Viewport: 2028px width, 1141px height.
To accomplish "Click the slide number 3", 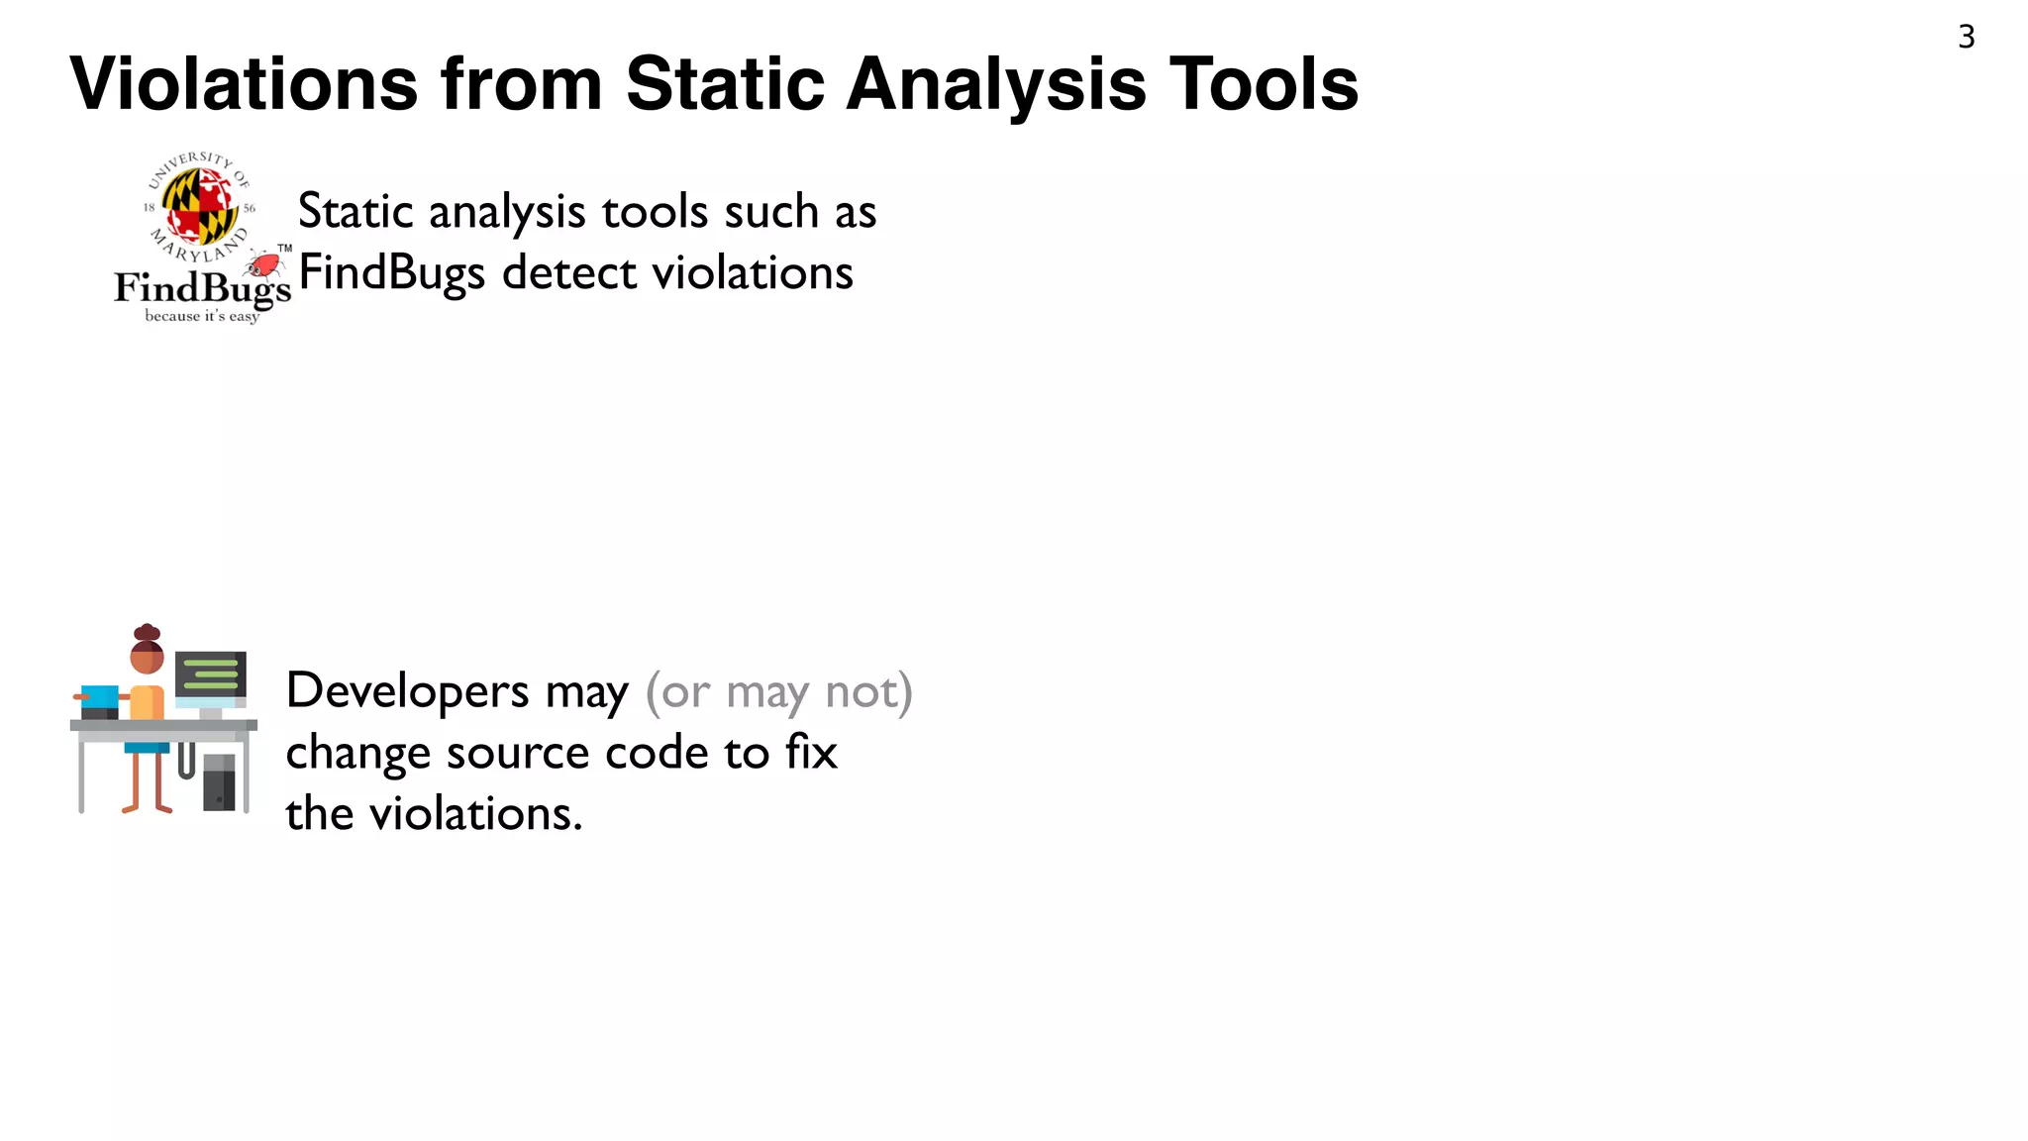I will [x=1966, y=38].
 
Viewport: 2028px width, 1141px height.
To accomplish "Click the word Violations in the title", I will [x=244, y=84].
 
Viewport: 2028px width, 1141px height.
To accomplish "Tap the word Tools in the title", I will [x=1264, y=84].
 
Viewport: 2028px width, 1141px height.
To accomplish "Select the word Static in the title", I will [x=725, y=84].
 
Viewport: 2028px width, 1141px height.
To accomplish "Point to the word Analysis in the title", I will [x=996, y=84].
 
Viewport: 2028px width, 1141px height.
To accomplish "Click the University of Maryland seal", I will [x=200, y=206].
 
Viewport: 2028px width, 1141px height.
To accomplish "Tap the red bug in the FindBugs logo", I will [x=263, y=263].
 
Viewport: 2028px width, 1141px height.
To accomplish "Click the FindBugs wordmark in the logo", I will [x=202, y=288].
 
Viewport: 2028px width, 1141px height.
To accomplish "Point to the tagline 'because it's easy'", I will [x=202, y=316].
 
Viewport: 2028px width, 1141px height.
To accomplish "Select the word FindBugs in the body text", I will [x=391, y=272].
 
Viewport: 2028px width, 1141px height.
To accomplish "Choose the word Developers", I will [x=407, y=690].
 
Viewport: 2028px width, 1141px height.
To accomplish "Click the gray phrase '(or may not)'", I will [x=778, y=690].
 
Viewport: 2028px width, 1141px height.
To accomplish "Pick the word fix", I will [x=812, y=752].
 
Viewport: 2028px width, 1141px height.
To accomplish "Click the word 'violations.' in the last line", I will [x=475, y=814].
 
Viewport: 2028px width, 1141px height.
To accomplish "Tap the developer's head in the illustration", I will [x=147, y=654].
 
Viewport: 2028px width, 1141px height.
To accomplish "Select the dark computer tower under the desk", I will [x=219, y=782].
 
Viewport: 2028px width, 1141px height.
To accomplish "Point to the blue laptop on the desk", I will [x=99, y=699].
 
